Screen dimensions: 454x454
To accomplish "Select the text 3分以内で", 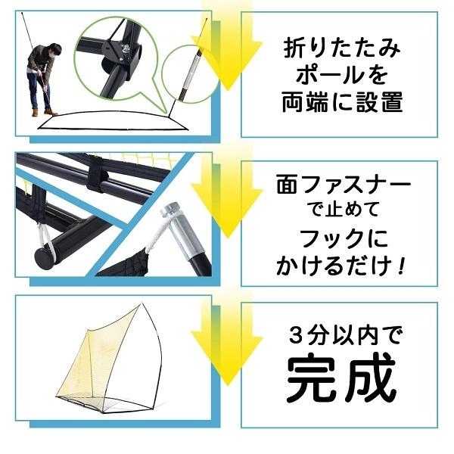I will pos(340,334).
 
